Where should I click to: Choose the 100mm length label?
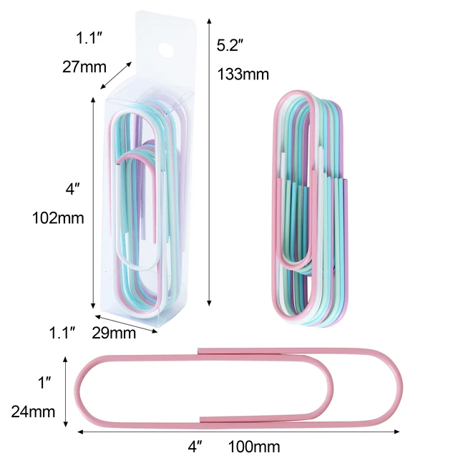[254, 447]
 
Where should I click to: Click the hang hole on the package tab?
[167, 51]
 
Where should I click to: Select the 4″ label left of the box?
[72, 190]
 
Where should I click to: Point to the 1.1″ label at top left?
[91, 39]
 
